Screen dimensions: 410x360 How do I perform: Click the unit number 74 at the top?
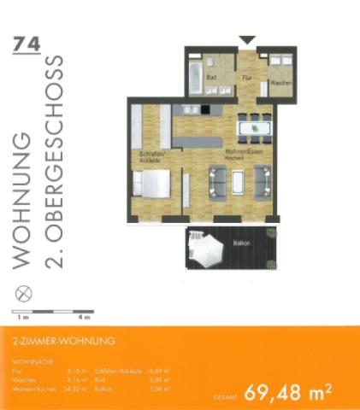27,44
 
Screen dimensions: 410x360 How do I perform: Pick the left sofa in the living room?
217,181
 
